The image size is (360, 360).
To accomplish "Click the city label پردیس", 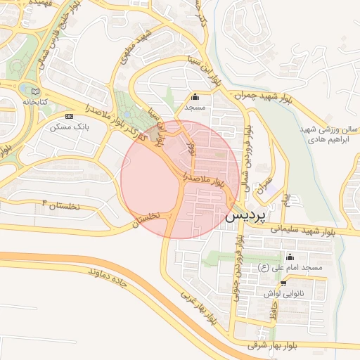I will click(246, 217).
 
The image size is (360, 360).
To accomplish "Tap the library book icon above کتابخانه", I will click(35, 91).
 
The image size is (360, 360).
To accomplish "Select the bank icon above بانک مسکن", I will click(69, 115).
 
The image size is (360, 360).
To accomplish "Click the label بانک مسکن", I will click(68, 128).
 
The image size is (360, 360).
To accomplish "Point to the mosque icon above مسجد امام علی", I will click(290, 257).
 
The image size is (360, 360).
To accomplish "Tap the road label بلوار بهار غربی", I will click(201, 309).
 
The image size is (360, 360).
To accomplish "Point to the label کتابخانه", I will click(37, 102).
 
